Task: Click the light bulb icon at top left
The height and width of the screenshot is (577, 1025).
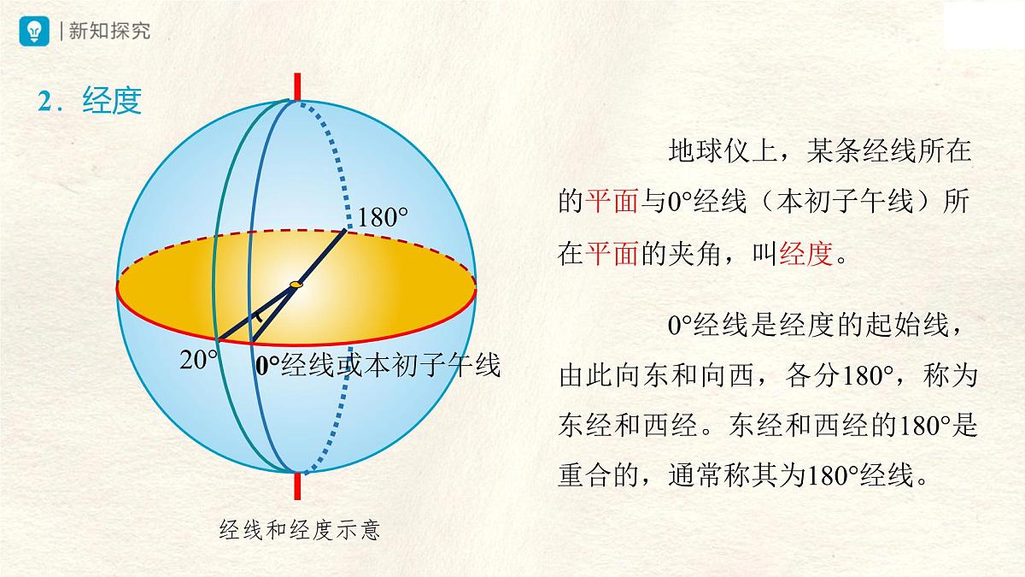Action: pos(35,31)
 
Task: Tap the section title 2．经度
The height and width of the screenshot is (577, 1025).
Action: pos(89,102)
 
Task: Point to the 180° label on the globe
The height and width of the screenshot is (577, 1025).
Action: pos(382,217)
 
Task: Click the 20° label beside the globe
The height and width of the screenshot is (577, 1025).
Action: pos(198,360)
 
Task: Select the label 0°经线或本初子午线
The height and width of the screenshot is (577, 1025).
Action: pos(377,366)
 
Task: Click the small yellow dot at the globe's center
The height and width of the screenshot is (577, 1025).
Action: pos(296,284)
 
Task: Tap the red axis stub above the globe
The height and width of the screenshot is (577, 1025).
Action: pos(297,86)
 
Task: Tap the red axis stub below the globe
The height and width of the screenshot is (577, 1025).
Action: pos(297,485)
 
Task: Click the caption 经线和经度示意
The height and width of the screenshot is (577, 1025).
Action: pos(299,531)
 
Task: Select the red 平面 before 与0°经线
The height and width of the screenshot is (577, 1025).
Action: pos(612,202)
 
